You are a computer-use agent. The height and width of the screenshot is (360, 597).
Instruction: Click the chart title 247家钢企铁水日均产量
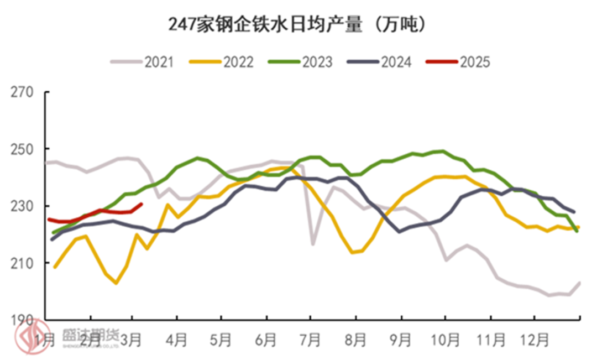pyautogui.click(x=298, y=24)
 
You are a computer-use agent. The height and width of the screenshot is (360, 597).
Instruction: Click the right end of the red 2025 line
pyautogui.click(x=142, y=204)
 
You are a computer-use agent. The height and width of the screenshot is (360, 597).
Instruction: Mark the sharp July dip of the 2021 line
pyautogui.click(x=313, y=244)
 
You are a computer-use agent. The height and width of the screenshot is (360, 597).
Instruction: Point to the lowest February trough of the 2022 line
pyautogui.click(x=116, y=283)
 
